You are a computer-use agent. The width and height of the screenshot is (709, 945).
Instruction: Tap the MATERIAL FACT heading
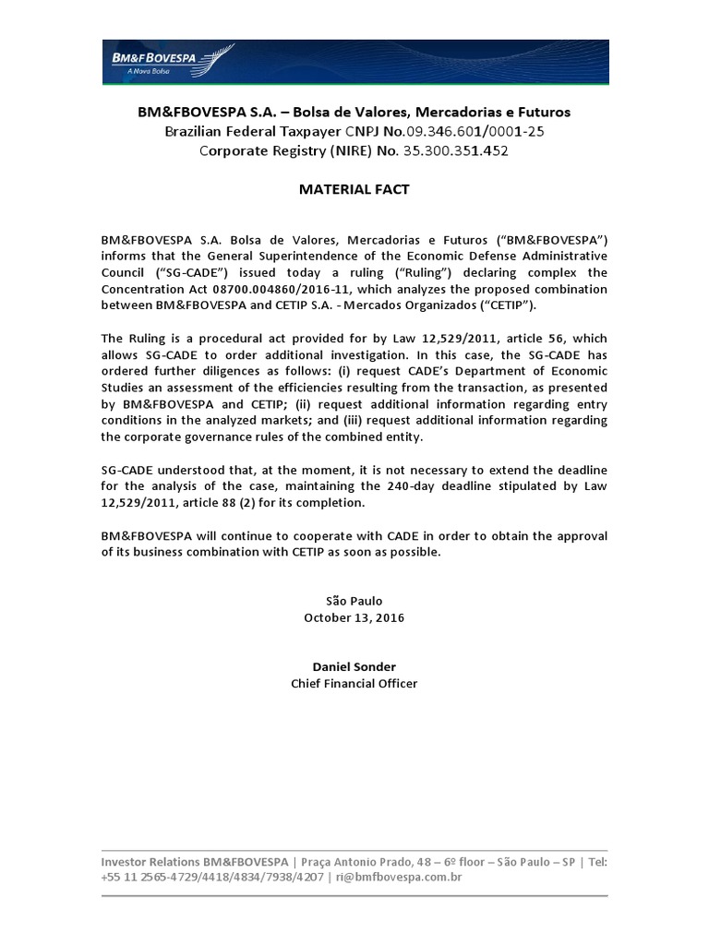click(354, 189)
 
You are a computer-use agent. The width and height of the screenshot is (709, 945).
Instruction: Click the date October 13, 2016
click(354, 617)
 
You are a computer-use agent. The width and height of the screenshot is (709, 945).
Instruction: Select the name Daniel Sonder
click(354, 666)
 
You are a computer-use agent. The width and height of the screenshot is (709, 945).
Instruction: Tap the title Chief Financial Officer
click(354, 683)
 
